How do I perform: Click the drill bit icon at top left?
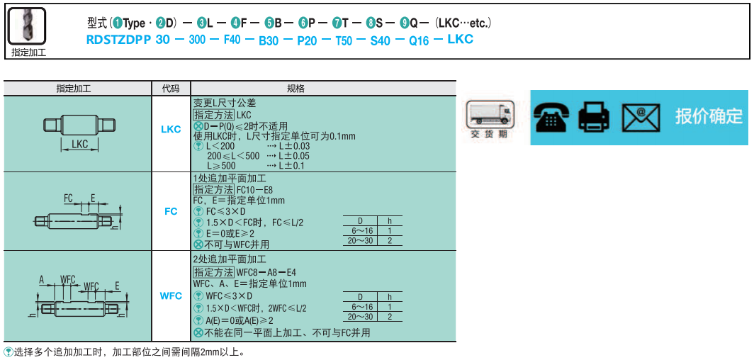pos(28,27)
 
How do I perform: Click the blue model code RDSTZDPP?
pos(118,40)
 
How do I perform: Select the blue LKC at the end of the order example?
pos(460,40)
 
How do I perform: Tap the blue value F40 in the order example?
pos(232,40)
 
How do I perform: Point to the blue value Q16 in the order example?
pos(419,40)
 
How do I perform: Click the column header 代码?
pos(171,89)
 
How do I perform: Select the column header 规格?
pos(296,89)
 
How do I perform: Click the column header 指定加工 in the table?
pos(78,89)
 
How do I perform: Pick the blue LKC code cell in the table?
pos(171,129)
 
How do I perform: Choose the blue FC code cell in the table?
pos(171,211)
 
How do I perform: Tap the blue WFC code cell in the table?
pos(171,296)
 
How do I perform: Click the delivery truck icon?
pos(489,116)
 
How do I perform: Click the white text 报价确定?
pos(709,116)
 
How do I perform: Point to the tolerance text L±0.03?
pos(295,146)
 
